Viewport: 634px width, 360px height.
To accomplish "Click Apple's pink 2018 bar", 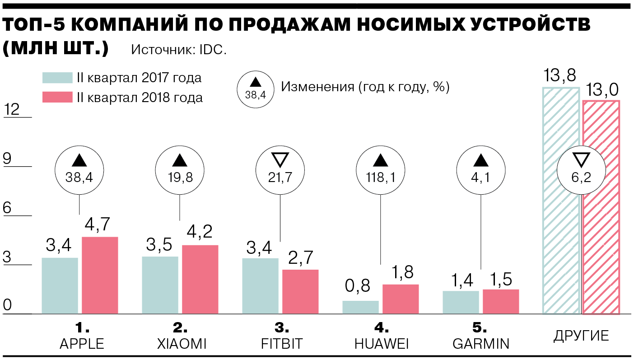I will (100, 275).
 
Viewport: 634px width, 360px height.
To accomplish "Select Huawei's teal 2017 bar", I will (360, 307).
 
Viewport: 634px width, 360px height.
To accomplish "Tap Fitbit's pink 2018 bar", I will (300, 291).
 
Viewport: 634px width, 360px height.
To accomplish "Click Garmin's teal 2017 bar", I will (461, 302).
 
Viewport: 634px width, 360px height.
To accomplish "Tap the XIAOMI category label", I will (182, 344).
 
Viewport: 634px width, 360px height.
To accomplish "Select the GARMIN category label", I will (480, 344).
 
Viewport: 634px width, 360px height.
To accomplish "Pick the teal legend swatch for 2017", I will (57, 78).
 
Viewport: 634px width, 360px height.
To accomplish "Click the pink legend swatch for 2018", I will (57, 97).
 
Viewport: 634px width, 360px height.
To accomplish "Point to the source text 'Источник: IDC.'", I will (179, 50).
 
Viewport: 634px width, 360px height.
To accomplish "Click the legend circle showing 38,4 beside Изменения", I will (256, 88).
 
